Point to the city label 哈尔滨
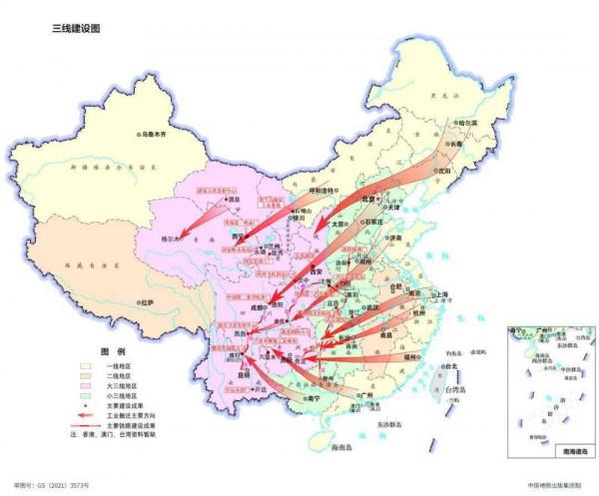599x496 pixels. coord(465,123)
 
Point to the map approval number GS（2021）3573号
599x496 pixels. coord(61,485)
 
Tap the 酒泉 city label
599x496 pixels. coord(235,199)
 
